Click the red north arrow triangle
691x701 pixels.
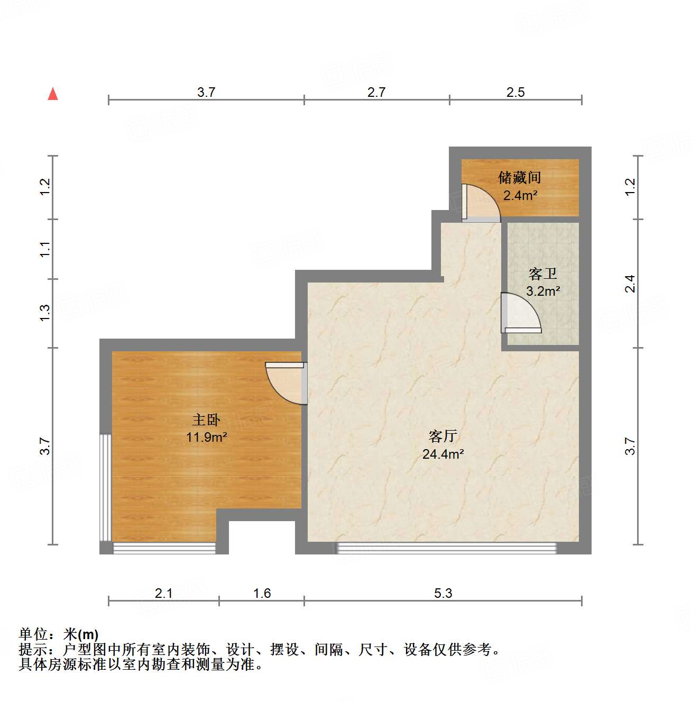point(53,94)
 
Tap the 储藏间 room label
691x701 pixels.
point(520,177)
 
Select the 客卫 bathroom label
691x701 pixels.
point(543,274)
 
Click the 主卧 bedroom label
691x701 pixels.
point(206,420)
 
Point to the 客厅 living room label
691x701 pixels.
point(443,436)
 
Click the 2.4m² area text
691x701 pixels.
point(520,195)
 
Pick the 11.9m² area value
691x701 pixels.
point(207,437)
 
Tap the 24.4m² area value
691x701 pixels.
point(443,454)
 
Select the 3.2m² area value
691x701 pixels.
point(543,291)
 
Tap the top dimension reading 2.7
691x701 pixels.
point(376,92)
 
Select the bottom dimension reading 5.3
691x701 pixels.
point(443,593)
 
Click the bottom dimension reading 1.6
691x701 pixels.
point(262,593)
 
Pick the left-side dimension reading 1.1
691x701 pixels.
point(45,249)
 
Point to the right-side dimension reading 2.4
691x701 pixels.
point(630,284)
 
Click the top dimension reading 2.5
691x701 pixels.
point(515,92)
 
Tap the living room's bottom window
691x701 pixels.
point(446,548)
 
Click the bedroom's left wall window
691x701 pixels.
point(106,487)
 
